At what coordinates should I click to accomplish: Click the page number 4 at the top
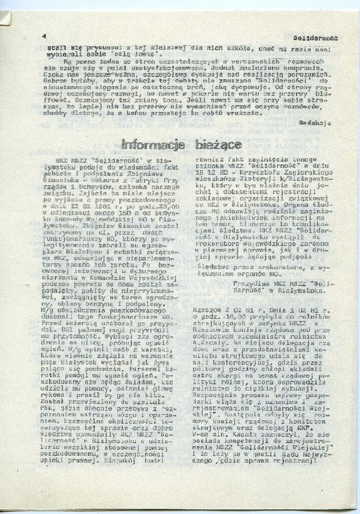click(x=44, y=35)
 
